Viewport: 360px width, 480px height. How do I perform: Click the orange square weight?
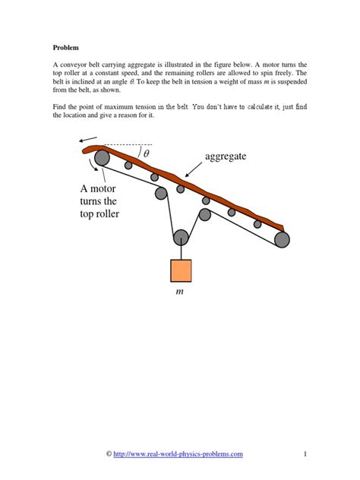tap(181, 270)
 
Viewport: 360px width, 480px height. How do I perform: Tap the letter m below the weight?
tap(180, 291)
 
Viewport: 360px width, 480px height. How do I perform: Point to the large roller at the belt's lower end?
tap(282, 240)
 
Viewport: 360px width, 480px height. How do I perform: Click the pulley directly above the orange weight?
tap(181, 237)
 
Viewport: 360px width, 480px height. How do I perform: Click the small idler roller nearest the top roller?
tap(128, 165)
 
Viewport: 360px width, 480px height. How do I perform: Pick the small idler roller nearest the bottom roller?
tap(257, 223)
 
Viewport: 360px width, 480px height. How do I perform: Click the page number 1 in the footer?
tap(303, 454)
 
